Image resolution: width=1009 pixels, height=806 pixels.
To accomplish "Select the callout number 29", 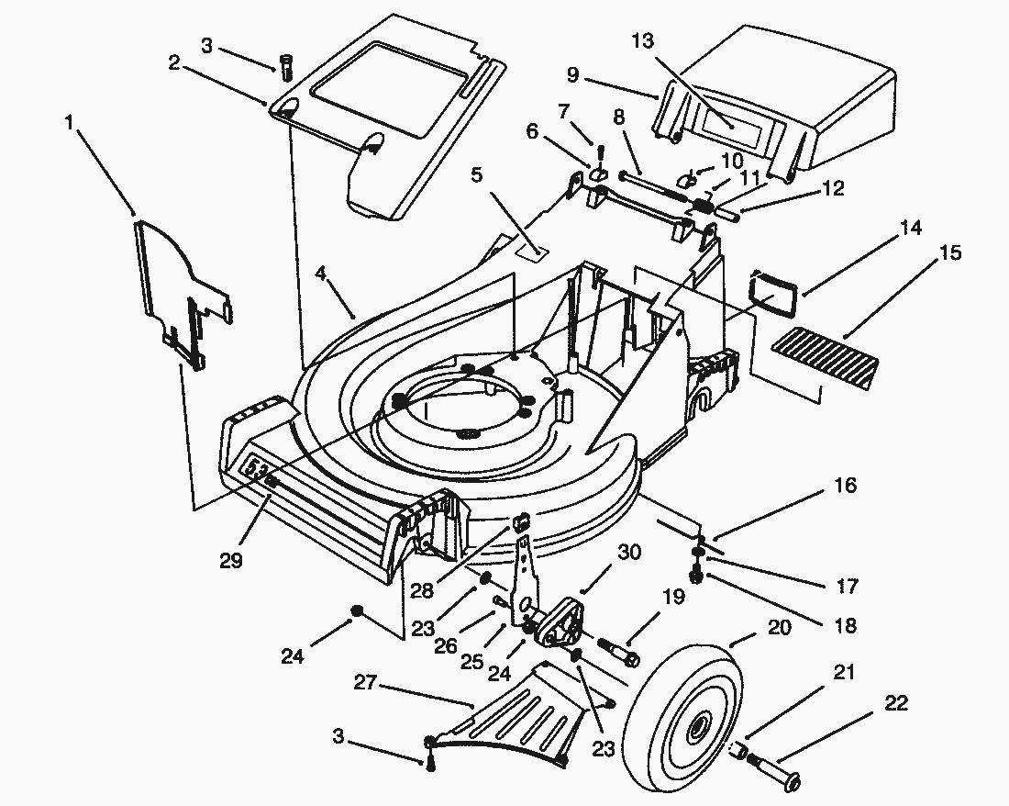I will [x=231, y=559].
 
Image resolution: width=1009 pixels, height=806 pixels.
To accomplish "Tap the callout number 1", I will [x=70, y=121].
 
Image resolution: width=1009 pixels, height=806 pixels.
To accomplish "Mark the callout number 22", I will [x=896, y=704].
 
